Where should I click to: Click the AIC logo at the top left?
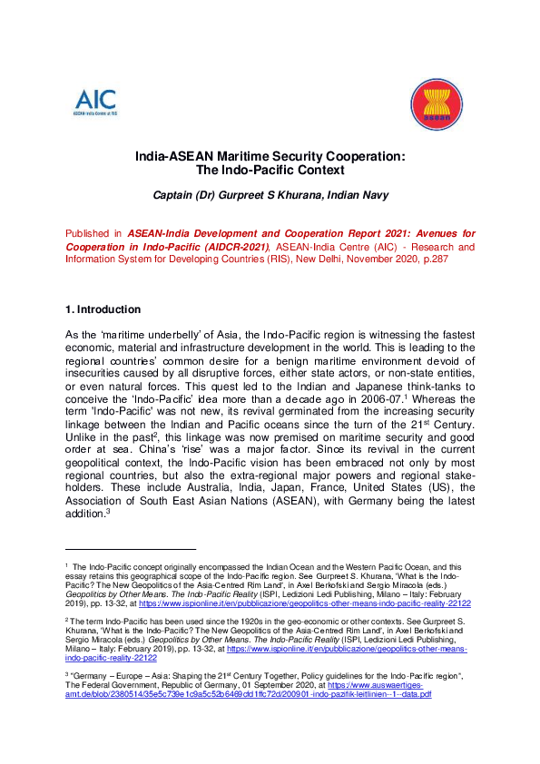click(x=95, y=102)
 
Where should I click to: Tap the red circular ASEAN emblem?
click(x=437, y=105)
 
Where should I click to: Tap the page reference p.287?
click(x=458, y=259)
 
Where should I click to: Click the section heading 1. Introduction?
click(x=103, y=310)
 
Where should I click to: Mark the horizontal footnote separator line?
click(x=131, y=549)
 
